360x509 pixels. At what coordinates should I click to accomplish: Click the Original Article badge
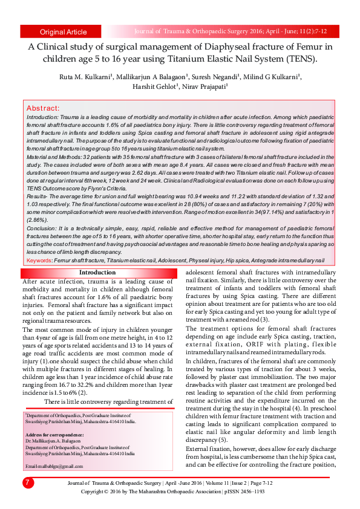click(63, 31)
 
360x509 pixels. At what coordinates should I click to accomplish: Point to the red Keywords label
click(39, 260)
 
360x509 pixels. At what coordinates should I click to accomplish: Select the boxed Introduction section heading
click(97, 273)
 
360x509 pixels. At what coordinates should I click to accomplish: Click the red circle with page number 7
click(28, 482)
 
